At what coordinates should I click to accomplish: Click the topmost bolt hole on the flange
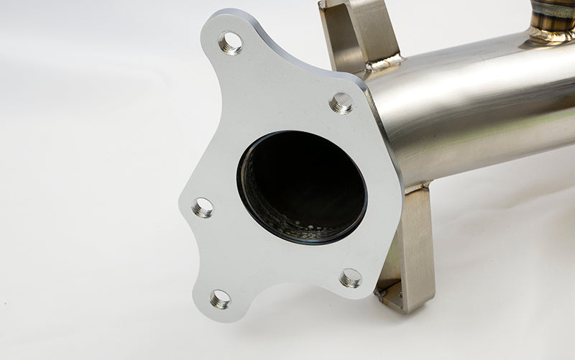[x=230, y=43]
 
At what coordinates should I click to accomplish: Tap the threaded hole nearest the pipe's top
[x=341, y=103]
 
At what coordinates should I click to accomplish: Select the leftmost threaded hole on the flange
[x=203, y=208]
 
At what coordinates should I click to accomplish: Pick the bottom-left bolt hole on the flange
[x=221, y=298]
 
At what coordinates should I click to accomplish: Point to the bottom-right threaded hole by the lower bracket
[x=350, y=277]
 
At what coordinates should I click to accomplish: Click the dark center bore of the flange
[x=302, y=183]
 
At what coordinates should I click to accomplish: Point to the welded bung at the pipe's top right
[x=553, y=18]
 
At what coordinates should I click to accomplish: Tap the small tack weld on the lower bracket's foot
[x=380, y=292]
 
